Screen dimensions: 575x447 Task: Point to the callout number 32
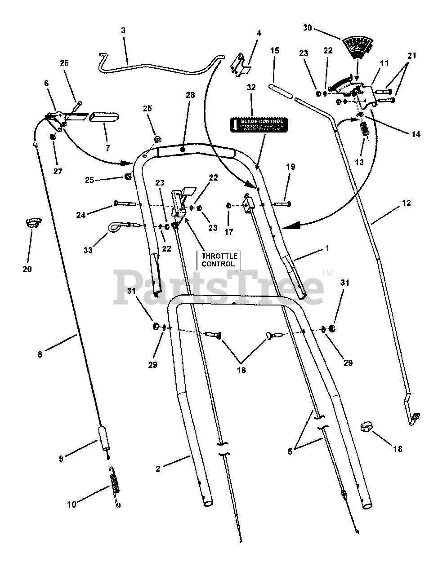[x=251, y=88]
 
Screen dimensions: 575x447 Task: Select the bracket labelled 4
[x=240, y=63]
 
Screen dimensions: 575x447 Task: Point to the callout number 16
[x=241, y=370]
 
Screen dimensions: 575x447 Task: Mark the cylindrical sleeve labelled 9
[x=105, y=438]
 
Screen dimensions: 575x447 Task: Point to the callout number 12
[x=406, y=203]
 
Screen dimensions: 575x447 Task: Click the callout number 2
[x=158, y=469]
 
